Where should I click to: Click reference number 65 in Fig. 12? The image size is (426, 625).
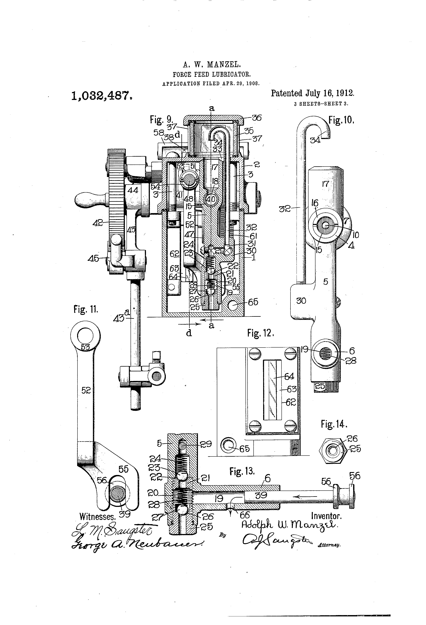point(245,449)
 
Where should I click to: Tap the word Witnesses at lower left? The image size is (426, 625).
point(97,517)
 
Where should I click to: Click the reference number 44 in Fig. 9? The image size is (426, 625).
point(133,190)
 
